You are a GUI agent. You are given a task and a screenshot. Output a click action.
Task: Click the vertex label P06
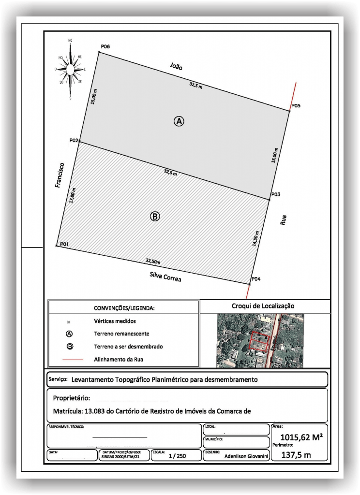click(105, 46)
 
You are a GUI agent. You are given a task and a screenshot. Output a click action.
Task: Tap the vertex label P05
click(296, 106)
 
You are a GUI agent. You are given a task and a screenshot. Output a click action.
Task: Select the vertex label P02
click(74, 140)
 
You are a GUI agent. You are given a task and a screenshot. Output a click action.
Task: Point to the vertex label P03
click(276, 194)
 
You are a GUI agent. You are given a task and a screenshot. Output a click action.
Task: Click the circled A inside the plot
click(179, 121)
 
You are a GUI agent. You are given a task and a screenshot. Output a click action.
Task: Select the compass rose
click(71, 70)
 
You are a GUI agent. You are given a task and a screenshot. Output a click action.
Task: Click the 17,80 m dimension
click(73, 197)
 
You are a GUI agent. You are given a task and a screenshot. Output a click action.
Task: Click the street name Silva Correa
click(166, 277)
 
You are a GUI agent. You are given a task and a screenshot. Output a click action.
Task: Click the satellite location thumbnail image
click(260, 340)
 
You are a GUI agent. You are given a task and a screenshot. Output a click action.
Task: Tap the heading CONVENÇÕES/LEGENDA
click(124, 308)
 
